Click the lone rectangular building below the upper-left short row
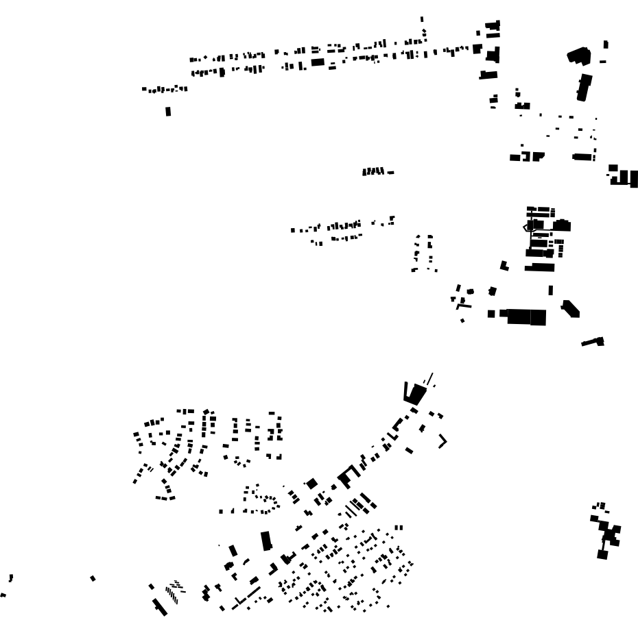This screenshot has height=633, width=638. click(168, 111)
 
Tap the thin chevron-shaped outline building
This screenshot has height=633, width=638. click(443, 442)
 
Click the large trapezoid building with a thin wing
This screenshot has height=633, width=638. click(415, 393)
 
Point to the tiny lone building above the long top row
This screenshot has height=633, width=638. click(422, 19)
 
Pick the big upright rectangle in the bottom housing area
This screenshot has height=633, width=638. click(267, 541)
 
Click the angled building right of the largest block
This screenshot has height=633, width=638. click(570, 308)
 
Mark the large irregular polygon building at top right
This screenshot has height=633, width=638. click(578, 55)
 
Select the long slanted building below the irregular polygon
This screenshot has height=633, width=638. click(584, 88)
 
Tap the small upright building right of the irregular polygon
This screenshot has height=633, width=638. click(605, 45)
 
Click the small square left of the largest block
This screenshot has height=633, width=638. click(491, 314)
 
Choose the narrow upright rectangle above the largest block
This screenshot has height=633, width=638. click(550, 290)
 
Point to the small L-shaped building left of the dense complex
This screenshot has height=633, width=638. click(504, 265)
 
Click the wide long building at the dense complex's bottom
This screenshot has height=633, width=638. click(539, 267)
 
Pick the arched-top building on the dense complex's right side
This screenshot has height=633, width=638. click(563, 225)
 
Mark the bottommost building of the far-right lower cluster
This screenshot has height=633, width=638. click(602, 553)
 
